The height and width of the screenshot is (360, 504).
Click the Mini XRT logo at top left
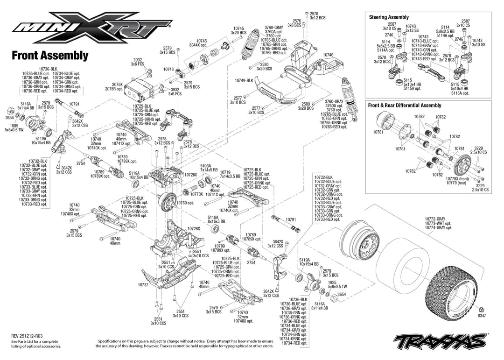[x=92, y=29]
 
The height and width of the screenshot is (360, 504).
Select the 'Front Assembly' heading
[x=50, y=56]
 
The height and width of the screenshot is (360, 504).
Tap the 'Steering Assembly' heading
[x=389, y=17]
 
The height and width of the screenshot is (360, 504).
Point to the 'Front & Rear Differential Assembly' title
[x=404, y=106]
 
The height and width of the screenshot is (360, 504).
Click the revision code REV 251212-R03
[x=30, y=336]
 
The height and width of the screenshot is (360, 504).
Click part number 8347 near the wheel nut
[x=482, y=316]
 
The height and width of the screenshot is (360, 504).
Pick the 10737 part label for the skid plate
[x=143, y=284]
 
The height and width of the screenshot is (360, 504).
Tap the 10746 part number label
[x=328, y=55]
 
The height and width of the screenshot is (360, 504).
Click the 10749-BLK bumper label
[x=244, y=80]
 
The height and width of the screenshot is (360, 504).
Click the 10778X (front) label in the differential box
[x=457, y=179]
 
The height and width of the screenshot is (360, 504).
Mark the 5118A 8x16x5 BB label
[x=216, y=219]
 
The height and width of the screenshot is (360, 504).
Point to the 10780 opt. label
[x=185, y=203]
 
